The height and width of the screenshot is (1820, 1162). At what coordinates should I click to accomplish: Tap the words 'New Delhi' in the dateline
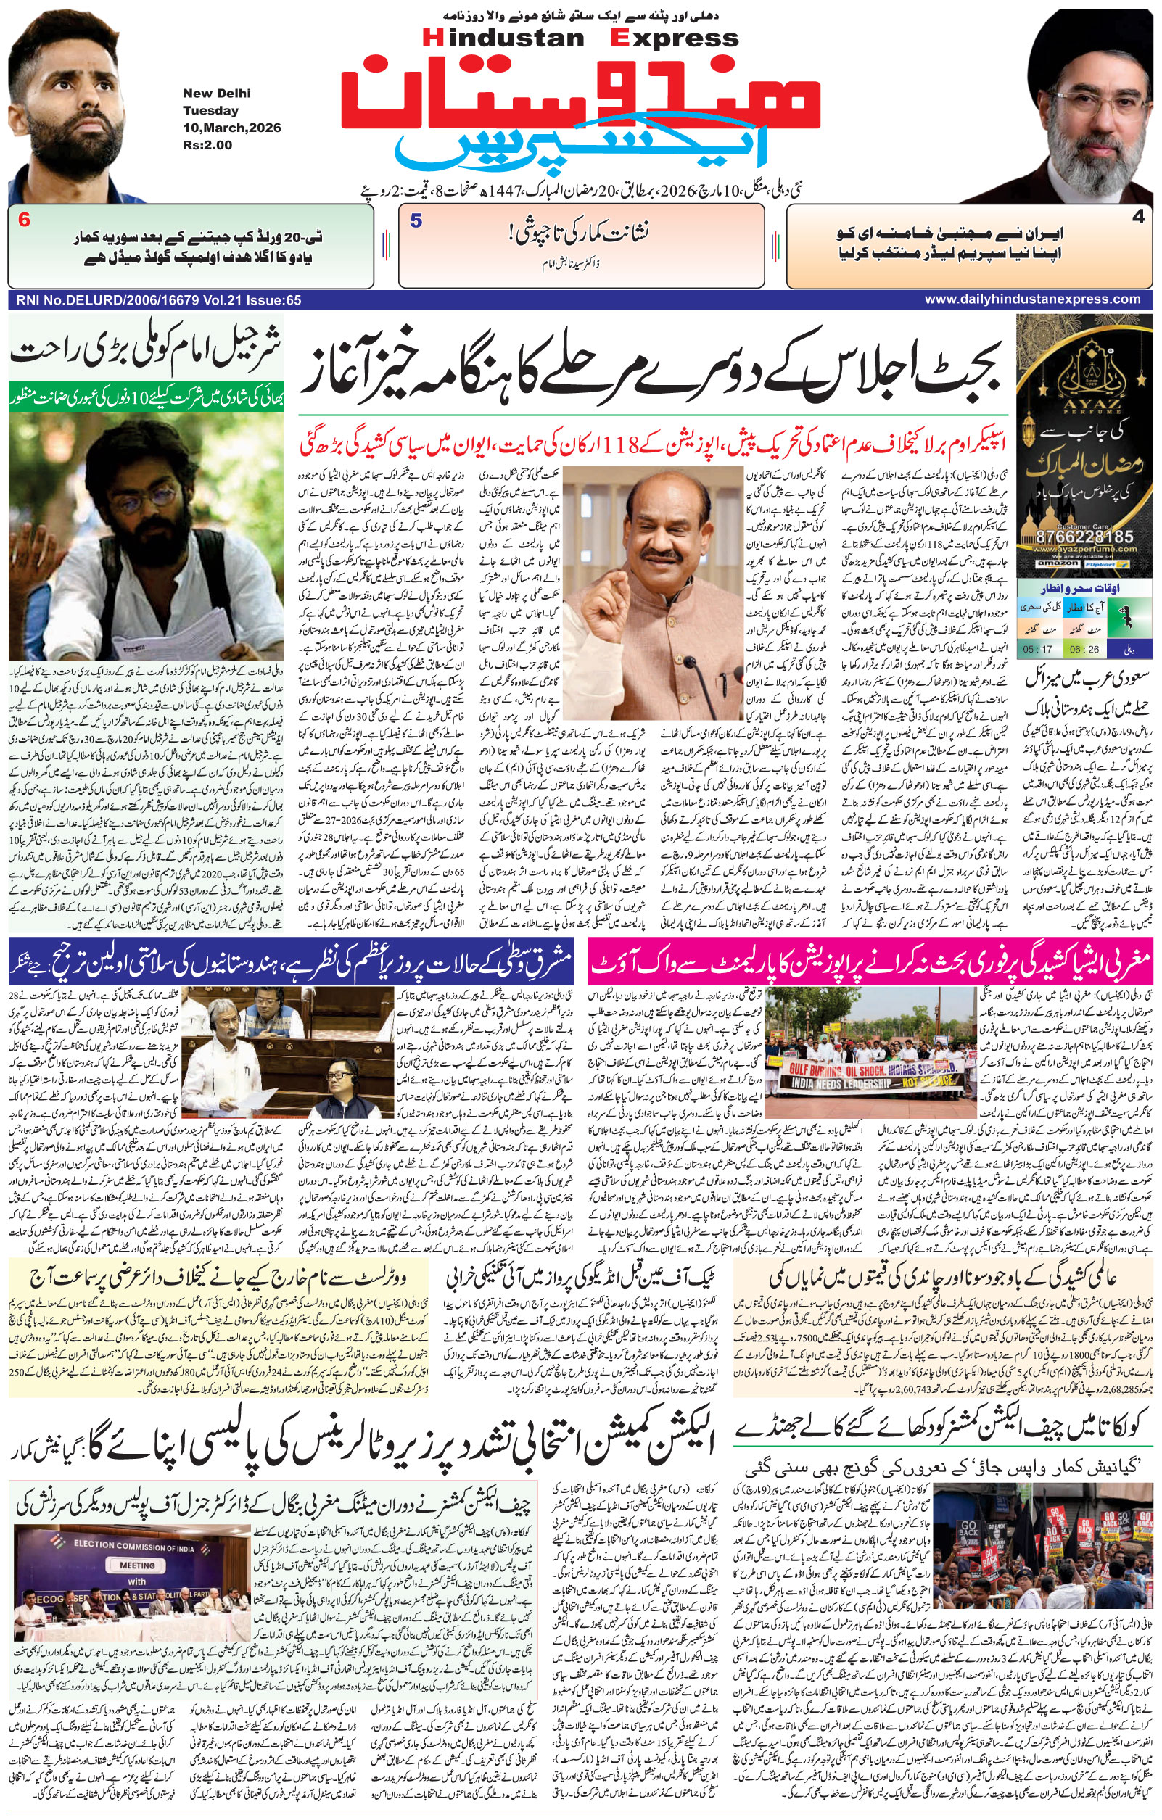216,94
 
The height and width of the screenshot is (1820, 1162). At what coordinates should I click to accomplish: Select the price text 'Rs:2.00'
207,144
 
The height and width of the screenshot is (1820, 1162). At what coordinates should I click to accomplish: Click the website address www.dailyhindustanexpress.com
1032,299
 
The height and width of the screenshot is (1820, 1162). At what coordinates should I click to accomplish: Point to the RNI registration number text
157,300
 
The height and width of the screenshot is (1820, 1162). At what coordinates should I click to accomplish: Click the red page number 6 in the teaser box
24,221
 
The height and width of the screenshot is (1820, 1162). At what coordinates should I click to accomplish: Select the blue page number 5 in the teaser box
416,221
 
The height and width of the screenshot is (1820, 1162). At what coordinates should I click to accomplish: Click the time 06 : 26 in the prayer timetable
1085,649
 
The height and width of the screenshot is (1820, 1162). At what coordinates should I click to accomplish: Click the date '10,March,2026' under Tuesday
231,128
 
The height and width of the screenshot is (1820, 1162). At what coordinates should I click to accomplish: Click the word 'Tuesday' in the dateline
210,110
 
